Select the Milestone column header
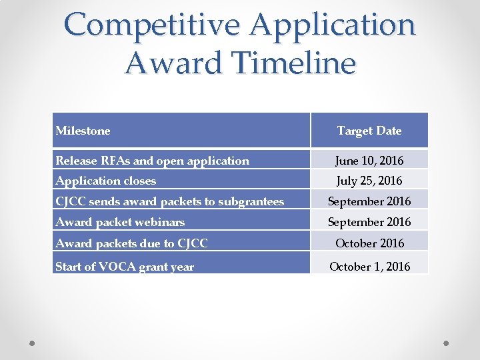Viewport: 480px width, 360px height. tap(83, 131)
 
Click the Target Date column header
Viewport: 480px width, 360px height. tap(369, 131)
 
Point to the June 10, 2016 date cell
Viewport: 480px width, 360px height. tap(369, 160)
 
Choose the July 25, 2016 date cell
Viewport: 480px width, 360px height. tap(369, 181)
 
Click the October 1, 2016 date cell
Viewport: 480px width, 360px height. tap(369, 267)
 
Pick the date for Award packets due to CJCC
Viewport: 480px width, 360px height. tap(369, 243)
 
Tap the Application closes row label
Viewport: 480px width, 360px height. tap(106, 181)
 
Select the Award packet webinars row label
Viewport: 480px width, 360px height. tap(121, 222)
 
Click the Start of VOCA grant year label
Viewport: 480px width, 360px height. tap(125, 267)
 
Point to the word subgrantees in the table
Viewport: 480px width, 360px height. tap(250, 201)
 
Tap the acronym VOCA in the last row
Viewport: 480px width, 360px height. tap(116, 267)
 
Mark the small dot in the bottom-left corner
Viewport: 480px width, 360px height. tap(33, 343)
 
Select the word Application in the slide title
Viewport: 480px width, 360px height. tap(333, 25)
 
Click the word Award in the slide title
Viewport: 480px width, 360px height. tap(163, 63)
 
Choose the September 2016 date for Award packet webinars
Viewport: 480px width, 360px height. tap(369, 222)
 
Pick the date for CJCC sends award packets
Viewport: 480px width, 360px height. tap(369, 201)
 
